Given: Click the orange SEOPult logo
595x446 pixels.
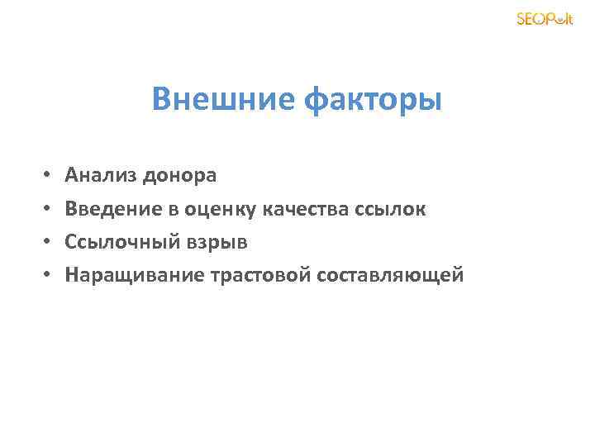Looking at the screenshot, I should click(x=544, y=19).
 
